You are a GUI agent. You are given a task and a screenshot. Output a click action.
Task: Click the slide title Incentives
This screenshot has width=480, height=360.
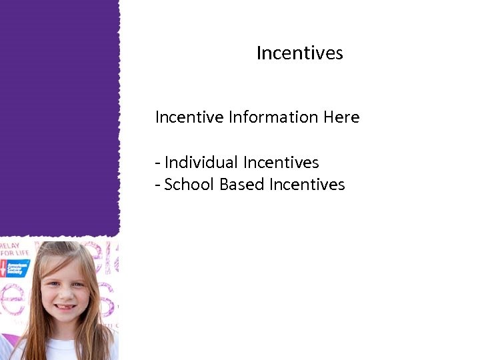(x=299, y=53)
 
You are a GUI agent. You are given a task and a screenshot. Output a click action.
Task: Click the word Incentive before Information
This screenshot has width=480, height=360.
(x=189, y=117)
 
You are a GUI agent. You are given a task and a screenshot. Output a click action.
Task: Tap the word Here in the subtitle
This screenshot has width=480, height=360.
(x=341, y=117)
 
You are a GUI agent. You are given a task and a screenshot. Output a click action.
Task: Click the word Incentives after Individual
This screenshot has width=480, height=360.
(x=281, y=162)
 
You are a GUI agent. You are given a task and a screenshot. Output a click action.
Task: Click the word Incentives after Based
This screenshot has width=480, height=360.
(x=307, y=185)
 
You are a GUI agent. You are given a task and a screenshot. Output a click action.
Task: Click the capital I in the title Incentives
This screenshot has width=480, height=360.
(x=259, y=53)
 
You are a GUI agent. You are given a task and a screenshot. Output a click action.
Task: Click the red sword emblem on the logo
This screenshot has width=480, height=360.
(x=5, y=268)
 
